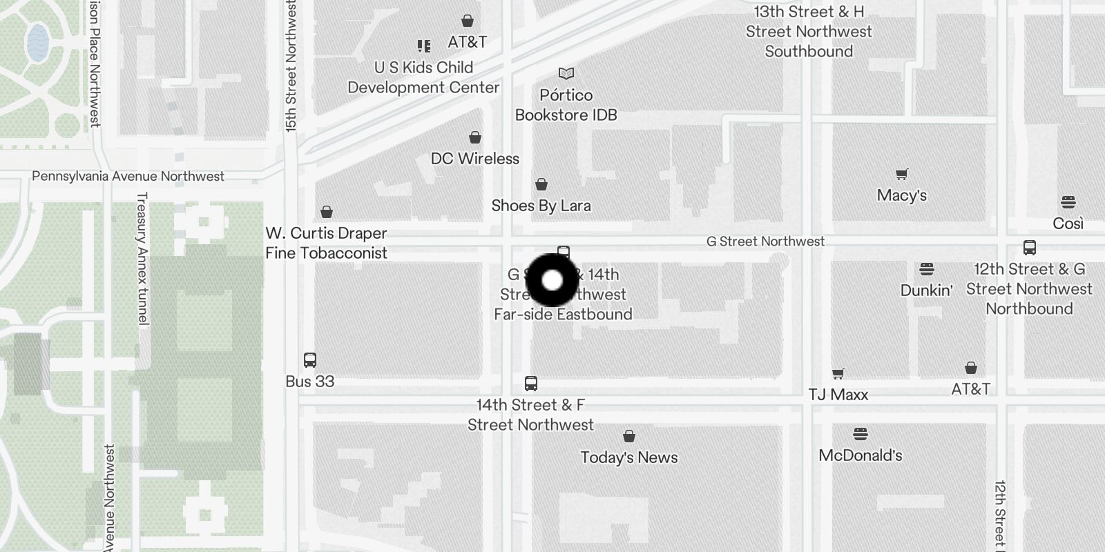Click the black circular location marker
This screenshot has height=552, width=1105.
(x=552, y=280)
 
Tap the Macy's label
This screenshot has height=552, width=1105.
(x=901, y=195)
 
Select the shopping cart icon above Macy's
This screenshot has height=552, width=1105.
(x=901, y=174)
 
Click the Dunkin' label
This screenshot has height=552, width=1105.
(x=926, y=290)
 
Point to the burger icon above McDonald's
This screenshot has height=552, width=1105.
(x=860, y=434)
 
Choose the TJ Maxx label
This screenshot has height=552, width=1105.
(x=838, y=395)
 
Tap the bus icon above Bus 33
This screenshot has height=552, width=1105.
(x=310, y=359)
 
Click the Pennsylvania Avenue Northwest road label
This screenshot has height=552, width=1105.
(x=128, y=177)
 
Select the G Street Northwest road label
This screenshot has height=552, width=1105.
(x=765, y=241)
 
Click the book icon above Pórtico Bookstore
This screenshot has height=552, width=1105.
(x=566, y=73)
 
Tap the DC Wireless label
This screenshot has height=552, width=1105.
(x=474, y=159)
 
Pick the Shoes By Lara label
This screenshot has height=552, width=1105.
(x=541, y=206)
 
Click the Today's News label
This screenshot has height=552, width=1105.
(x=628, y=457)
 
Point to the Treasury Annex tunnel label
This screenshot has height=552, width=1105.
(x=142, y=259)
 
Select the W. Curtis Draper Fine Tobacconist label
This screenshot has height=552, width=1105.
(x=326, y=243)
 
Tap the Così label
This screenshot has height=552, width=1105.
(x=1068, y=224)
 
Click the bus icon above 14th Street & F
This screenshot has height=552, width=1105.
(x=530, y=384)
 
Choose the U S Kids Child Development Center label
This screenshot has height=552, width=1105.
(x=423, y=77)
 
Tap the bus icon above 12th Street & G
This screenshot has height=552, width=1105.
(x=1029, y=248)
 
